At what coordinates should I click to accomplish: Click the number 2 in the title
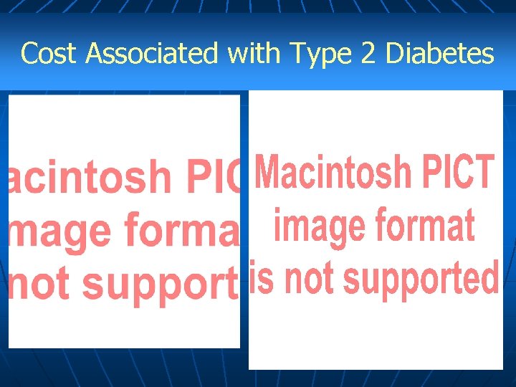pos(368,53)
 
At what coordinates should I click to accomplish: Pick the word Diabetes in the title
pos(439,53)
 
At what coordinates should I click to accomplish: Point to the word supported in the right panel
pos(418,279)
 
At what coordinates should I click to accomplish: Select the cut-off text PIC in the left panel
pos(213,177)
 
